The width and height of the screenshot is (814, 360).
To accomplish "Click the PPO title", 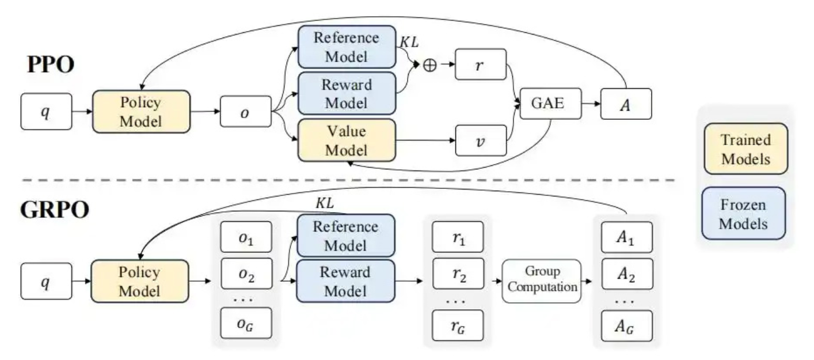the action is pyautogui.click(x=51, y=65).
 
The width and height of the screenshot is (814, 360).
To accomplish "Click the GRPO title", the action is pyautogui.click(x=55, y=210).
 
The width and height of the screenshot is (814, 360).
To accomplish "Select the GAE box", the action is pyautogui.click(x=550, y=103).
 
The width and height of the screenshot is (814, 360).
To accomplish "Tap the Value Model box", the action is pyautogui.click(x=347, y=141).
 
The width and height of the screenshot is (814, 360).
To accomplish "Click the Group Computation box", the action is pyautogui.click(x=542, y=281).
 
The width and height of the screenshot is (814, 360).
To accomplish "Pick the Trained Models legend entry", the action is pyautogui.click(x=746, y=149).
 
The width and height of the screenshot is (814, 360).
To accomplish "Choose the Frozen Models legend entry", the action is pyautogui.click(x=744, y=214).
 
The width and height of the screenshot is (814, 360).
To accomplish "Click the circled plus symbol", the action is pyautogui.click(x=430, y=65).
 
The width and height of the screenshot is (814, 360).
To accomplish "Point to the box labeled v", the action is pyautogui.click(x=481, y=141).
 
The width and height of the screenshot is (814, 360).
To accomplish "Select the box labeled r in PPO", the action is pyautogui.click(x=481, y=65).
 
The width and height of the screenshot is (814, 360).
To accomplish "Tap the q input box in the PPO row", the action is pyautogui.click(x=46, y=112).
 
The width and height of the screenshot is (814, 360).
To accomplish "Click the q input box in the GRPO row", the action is pyautogui.click(x=46, y=281).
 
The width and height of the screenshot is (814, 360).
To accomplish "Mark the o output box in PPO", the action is pyautogui.click(x=246, y=112).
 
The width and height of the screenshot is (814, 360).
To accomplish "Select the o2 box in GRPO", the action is pyautogui.click(x=246, y=274).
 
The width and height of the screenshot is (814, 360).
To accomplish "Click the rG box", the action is pyautogui.click(x=458, y=325).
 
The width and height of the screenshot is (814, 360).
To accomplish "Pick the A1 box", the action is pyautogui.click(x=627, y=237).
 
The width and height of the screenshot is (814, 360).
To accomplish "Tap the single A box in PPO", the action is pyautogui.click(x=626, y=104).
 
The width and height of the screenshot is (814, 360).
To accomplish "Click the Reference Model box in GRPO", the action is pyautogui.click(x=346, y=236).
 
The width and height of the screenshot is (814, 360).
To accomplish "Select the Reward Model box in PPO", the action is pyautogui.click(x=347, y=93).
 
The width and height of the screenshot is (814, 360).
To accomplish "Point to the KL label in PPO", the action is pyautogui.click(x=409, y=42).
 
